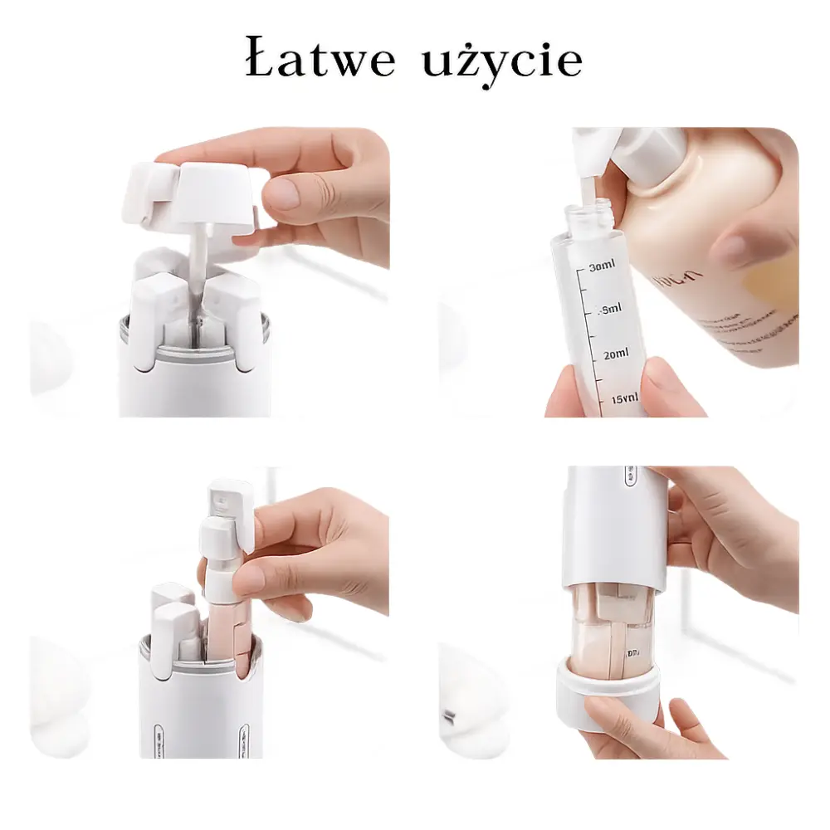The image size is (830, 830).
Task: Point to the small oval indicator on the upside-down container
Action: tap(629, 478)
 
